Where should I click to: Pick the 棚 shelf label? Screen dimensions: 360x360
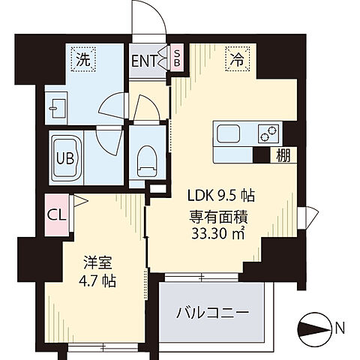[x=281, y=155]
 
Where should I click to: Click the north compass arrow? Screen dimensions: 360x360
[x=313, y=327]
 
